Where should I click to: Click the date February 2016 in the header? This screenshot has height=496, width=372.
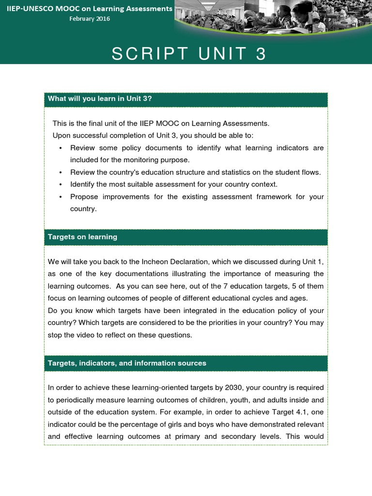coord(90,19)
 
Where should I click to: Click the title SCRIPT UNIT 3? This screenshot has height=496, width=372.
coord(189,54)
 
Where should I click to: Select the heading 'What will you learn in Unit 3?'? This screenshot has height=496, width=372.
coord(100,99)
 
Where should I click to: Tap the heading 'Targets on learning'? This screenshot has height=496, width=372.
coord(82,237)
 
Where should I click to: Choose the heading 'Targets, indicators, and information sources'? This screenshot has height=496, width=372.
coord(127,363)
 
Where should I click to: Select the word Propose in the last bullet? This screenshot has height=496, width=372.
coord(83,197)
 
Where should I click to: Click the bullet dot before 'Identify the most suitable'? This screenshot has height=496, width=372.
coord(60,185)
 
